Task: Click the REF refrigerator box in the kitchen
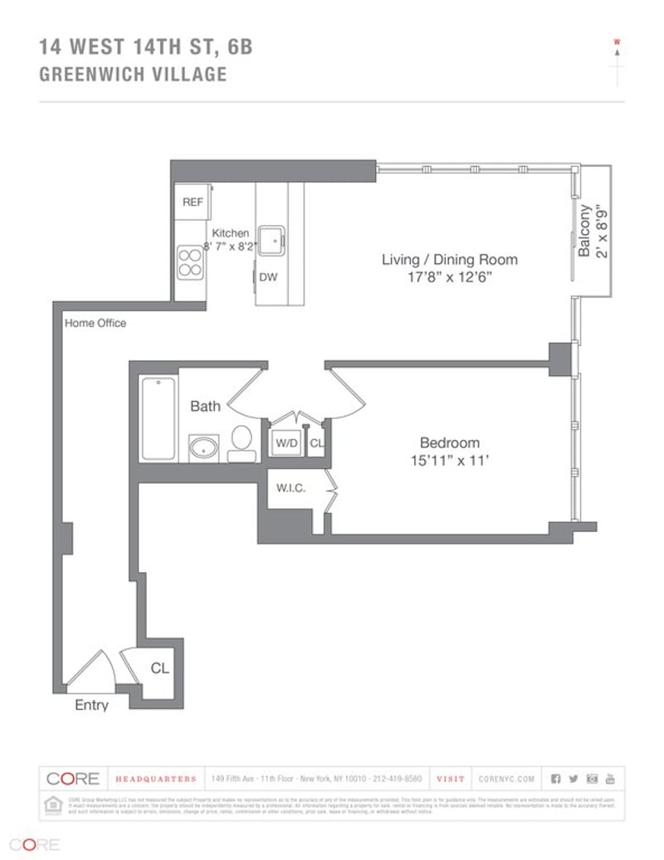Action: coord(193,202)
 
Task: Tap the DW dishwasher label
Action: coord(268,277)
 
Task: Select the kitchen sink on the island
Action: coord(271,241)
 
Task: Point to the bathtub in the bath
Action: coord(159,418)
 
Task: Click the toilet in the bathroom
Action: coord(242,442)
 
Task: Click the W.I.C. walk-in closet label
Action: coord(290,488)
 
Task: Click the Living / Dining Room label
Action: coord(449,260)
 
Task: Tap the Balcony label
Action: coord(585,230)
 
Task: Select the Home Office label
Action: coord(95,323)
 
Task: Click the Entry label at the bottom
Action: coord(91,706)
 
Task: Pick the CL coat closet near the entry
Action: coord(159,668)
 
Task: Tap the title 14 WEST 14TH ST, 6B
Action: coord(146,47)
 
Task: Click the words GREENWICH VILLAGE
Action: coord(133,75)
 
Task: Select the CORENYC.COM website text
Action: coord(507,779)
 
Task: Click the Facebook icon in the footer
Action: coord(555,779)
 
